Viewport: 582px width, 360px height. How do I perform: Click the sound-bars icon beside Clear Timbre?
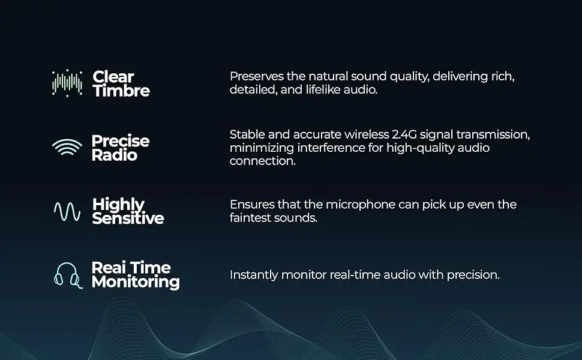67,83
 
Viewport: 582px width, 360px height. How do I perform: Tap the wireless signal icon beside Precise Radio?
67,148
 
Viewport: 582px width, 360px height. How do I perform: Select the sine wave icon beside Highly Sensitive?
67,212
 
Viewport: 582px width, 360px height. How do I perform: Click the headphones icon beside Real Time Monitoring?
68,275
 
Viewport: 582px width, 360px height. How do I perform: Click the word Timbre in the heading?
121,91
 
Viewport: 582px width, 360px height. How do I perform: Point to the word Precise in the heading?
121,141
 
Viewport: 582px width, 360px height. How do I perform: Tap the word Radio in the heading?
115,155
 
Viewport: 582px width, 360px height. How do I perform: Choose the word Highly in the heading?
118,205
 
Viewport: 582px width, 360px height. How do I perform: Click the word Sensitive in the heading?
128,218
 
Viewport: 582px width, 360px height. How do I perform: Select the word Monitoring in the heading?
136,282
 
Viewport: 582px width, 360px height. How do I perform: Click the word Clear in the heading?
113,77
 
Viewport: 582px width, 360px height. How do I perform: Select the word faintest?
250,218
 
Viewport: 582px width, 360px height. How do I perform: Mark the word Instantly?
254,275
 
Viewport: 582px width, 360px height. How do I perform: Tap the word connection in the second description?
262,161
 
